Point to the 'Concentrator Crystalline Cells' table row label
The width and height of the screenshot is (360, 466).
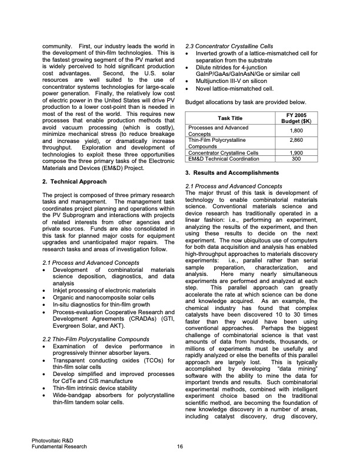pyautogui.click(x=223, y=153)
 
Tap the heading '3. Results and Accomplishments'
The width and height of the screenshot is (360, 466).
pyautogui.click(x=228, y=174)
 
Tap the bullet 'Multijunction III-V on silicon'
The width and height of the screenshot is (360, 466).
pyautogui.click(x=234, y=81)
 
